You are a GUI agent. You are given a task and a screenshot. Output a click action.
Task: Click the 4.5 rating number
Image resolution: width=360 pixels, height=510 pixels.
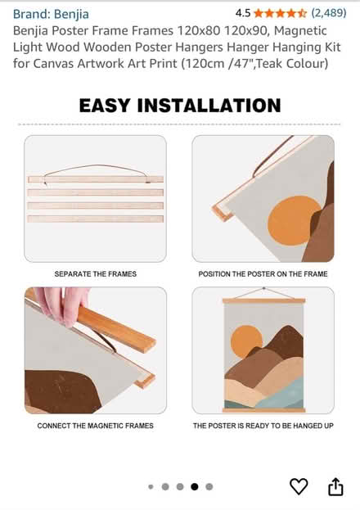(243, 13)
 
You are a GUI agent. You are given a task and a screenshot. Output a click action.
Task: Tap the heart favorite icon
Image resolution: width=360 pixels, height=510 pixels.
(299, 486)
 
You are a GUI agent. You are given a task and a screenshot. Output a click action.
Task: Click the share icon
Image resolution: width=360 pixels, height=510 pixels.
(335, 486)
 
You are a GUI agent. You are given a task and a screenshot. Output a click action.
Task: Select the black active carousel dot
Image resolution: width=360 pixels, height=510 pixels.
(195, 486)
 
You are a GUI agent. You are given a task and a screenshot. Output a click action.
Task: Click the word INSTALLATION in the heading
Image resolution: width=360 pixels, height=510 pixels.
(209, 106)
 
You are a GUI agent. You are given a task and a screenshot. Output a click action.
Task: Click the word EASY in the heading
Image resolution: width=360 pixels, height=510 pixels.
(105, 106)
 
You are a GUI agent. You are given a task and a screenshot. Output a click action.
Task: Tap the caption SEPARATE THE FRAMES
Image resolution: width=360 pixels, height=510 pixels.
(95, 274)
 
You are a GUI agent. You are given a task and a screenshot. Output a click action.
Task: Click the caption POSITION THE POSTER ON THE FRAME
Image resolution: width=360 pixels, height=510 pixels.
(263, 274)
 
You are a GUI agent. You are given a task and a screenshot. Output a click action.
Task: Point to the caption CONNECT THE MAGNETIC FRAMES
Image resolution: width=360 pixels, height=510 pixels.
(95, 426)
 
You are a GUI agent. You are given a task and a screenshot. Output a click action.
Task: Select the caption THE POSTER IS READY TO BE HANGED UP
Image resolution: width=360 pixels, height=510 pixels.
(263, 426)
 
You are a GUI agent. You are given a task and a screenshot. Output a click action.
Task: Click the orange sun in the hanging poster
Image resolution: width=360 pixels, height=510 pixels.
(246, 341)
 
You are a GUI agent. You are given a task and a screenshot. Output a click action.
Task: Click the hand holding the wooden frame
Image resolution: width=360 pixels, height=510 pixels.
(62, 304)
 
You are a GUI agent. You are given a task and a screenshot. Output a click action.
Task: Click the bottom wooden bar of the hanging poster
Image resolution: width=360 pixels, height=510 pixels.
(263, 410)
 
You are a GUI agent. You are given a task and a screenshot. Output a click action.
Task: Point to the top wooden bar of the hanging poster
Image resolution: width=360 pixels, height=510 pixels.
(263, 301)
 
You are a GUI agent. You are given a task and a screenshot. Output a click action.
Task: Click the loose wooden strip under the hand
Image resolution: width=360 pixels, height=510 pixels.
(115, 329)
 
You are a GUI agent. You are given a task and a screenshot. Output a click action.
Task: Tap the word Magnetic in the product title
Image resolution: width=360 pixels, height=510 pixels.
(300, 31)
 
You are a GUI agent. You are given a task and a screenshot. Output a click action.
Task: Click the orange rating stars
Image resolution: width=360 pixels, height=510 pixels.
(280, 13)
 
